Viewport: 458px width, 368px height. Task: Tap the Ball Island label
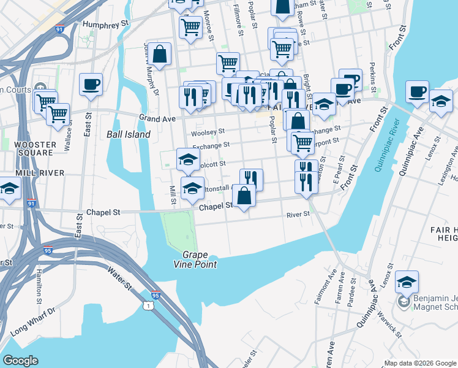click(x=128, y=134)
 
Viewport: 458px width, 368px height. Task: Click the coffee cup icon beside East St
click(x=91, y=84)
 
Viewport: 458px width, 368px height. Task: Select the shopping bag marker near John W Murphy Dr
click(x=159, y=54)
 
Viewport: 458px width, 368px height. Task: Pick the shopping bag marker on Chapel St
click(x=244, y=197)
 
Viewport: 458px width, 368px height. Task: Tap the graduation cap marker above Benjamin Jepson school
click(x=407, y=282)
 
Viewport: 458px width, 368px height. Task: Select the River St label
click(x=298, y=215)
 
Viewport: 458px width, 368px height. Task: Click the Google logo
click(x=20, y=361)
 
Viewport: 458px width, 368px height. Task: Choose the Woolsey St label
click(x=208, y=131)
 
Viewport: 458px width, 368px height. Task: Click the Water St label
click(x=120, y=278)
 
